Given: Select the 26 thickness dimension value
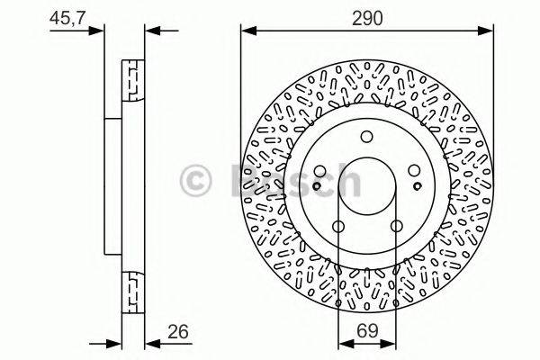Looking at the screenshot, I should point(183,330).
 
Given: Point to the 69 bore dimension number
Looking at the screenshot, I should point(366,331).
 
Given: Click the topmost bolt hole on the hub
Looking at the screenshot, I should point(366,137).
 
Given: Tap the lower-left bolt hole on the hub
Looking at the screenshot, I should point(338,227).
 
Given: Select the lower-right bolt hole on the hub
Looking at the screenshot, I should point(395,227).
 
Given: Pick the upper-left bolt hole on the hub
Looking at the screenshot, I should point(320,171).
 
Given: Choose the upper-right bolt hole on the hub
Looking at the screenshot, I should point(413,171).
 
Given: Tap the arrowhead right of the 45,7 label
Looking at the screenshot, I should point(99,32).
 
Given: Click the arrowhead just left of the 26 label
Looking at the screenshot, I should point(151,343).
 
